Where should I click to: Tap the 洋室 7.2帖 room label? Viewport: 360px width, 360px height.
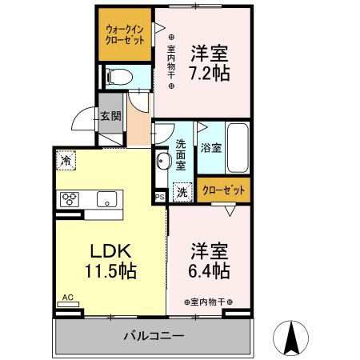[210, 62]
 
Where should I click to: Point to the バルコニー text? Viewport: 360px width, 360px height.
[153, 336]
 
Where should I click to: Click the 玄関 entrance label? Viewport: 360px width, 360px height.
[110, 115]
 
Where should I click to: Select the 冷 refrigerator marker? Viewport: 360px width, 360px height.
[64, 159]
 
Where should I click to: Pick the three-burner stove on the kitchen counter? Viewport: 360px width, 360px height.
[68, 199]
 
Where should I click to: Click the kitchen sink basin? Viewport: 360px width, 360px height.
[106, 199]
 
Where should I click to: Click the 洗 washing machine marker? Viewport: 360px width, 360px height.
[182, 192]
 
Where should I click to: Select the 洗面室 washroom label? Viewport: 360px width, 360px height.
[181, 155]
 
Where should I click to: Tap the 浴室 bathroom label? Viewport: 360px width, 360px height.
[211, 149]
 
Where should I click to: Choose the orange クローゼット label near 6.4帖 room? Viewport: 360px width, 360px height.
[224, 190]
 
